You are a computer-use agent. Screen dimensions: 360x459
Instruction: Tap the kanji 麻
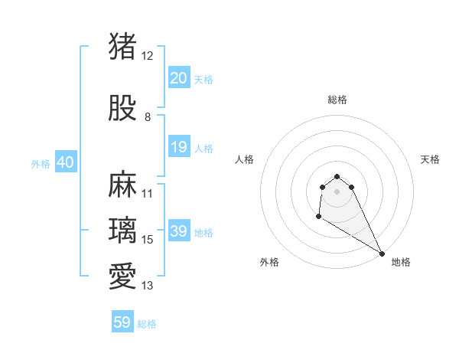[122, 185]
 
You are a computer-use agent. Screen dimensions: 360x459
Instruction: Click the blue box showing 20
[178, 77]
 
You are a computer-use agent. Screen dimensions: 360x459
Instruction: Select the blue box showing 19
[178, 147]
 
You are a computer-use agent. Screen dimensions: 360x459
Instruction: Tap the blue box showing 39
[178, 231]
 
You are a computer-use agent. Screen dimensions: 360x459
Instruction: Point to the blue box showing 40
[65, 162]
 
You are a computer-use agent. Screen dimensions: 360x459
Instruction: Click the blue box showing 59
[122, 322]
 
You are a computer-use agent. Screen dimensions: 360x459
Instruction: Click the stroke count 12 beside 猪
[148, 56]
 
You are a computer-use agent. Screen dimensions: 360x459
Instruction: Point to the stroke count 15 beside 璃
[148, 240]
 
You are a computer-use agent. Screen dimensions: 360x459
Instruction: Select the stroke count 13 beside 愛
[148, 286]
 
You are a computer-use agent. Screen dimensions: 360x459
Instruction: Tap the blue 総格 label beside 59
[147, 324]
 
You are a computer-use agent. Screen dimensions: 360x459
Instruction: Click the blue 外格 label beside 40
[40, 163]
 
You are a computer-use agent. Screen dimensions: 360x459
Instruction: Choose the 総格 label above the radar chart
[337, 100]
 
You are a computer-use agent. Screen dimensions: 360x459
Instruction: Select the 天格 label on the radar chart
[430, 159]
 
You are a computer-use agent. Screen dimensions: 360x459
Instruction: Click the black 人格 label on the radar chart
[244, 159]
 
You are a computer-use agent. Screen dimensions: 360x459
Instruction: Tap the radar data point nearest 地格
[382, 254]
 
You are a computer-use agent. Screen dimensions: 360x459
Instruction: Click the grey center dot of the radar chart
[337, 191]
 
